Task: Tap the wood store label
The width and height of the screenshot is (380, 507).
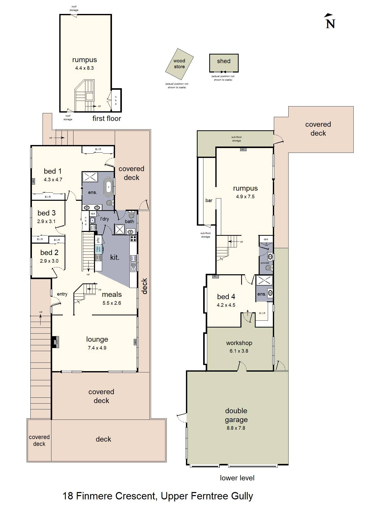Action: [179, 64]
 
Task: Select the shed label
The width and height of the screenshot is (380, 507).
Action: [224, 61]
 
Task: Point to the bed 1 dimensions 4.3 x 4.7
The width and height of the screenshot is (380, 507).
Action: [53, 179]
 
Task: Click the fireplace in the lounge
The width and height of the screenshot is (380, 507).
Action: [55, 342]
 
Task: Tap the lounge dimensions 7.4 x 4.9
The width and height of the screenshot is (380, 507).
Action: [97, 348]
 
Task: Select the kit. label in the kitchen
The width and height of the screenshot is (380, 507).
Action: [115, 257]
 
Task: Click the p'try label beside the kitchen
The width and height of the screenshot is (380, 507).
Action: [98, 240]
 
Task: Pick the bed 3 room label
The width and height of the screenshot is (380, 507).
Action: [46, 213]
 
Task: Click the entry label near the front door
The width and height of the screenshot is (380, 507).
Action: [62, 294]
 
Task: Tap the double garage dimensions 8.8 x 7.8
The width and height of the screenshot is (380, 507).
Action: [236, 428]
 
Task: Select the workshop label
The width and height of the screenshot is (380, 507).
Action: [239, 343]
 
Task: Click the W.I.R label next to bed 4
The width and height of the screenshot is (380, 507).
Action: [262, 313]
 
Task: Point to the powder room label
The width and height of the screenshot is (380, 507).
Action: [265, 263]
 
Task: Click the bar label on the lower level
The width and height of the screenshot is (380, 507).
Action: [209, 201]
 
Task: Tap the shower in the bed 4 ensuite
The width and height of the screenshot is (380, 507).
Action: [264, 280]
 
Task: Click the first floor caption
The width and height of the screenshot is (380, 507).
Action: [107, 118]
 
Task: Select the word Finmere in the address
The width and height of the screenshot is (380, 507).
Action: [94, 496]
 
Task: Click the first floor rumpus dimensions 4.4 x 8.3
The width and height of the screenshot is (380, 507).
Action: [84, 68]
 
